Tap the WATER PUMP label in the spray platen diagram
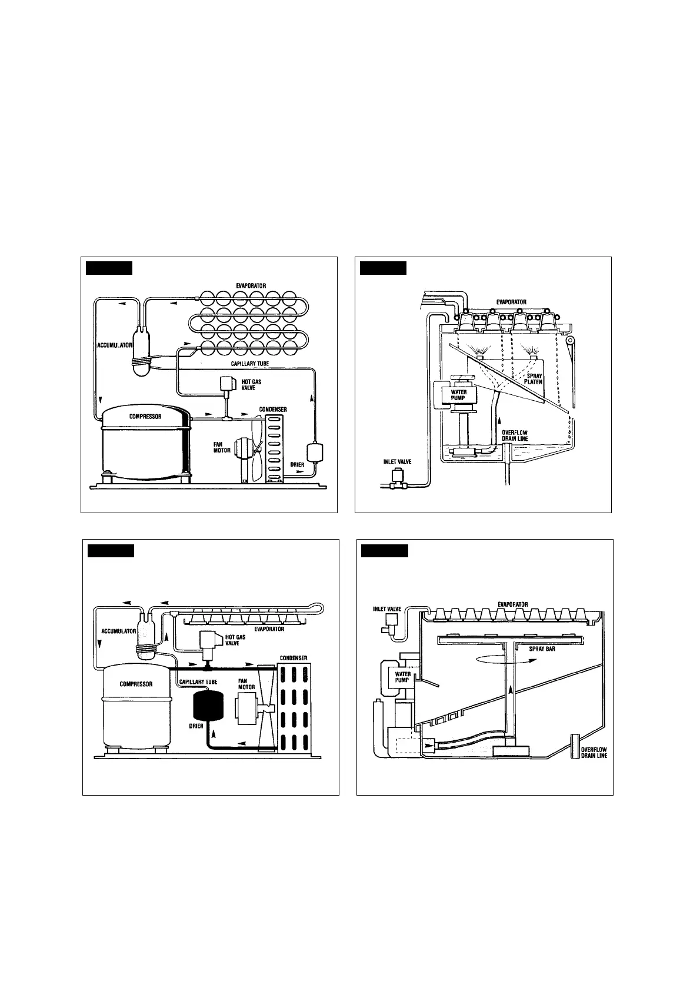tap(458, 394)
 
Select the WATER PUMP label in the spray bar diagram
tap(402, 677)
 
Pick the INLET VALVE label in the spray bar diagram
tap(387, 609)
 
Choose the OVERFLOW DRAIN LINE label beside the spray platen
tap(515, 435)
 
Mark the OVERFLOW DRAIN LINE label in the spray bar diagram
tap(594, 753)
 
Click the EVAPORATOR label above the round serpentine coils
tap(251, 285)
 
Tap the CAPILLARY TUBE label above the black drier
tap(198, 682)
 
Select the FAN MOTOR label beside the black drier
tap(246, 684)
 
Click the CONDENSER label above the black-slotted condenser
tap(293, 658)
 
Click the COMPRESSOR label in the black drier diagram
tap(136, 684)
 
